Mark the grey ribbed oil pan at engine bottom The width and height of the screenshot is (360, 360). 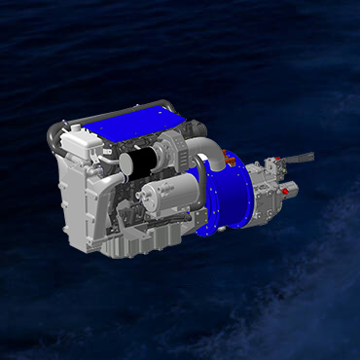coord(146,238)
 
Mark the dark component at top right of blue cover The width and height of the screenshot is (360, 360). coord(196,126)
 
